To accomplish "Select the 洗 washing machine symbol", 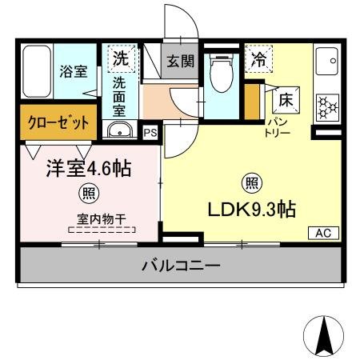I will tap(119, 58).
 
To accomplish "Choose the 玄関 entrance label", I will tap(181, 61).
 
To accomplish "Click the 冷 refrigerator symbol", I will tap(259, 58).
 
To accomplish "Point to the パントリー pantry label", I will tap(278, 128).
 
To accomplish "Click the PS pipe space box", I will tap(150, 133).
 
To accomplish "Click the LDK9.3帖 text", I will tap(252, 210).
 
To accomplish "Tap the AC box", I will tap(323, 233).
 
